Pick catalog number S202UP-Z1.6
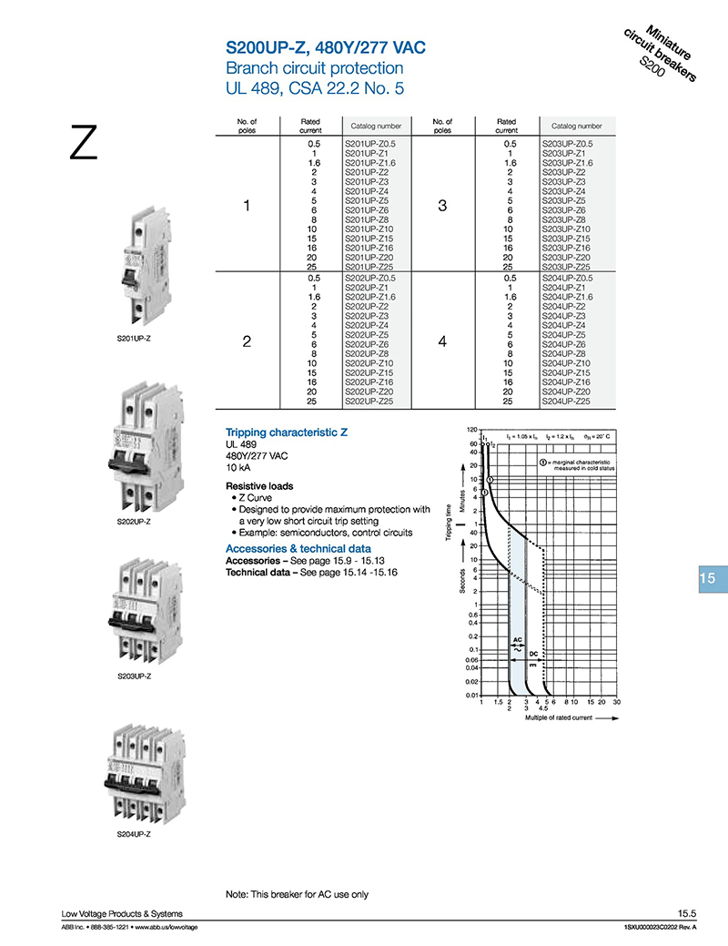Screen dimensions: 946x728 click(371, 297)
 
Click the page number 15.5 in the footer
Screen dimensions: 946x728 click(686, 913)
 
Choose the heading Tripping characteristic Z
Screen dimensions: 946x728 click(287, 432)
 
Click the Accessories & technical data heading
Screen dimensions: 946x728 click(298, 549)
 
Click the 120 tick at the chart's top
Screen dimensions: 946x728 click(472, 429)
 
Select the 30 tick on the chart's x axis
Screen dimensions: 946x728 click(616, 703)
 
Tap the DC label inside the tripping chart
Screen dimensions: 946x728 click(535, 654)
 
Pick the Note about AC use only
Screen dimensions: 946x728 click(297, 894)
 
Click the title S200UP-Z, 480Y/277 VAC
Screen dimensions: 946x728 click(325, 46)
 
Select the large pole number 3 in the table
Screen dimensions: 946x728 click(442, 207)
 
